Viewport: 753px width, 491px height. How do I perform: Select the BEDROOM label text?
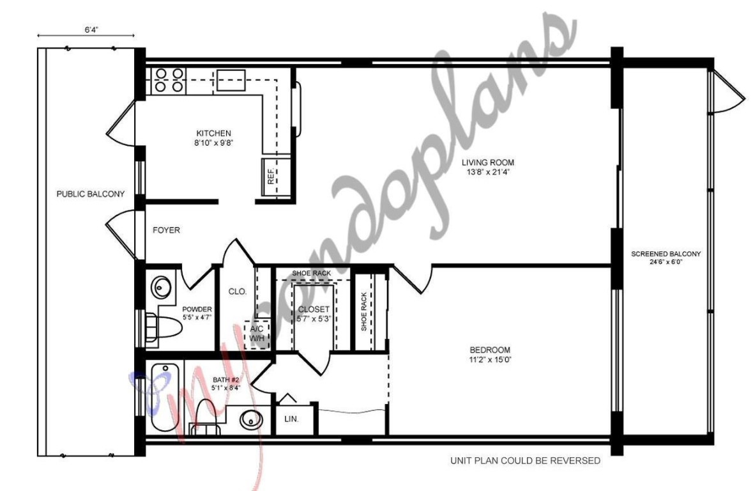point(490,350)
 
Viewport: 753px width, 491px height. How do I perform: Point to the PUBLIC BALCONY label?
point(90,194)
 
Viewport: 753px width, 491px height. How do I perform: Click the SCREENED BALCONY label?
point(666,254)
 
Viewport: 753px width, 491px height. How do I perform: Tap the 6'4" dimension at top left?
point(90,29)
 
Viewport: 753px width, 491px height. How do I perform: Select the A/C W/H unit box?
point(257,333)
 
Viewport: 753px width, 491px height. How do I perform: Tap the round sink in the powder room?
point(161,287)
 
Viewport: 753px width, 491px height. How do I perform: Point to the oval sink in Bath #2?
point(252,420)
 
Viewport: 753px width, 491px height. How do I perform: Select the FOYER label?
point(166,230)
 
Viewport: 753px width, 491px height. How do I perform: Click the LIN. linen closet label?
point(291,419)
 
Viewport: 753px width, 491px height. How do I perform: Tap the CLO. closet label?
point(238,292)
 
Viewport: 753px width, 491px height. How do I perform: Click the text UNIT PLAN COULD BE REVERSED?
point(525,460)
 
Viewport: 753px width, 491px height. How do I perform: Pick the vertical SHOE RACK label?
point(364,311)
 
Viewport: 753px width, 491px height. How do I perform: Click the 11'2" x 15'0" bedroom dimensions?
point(490,359)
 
